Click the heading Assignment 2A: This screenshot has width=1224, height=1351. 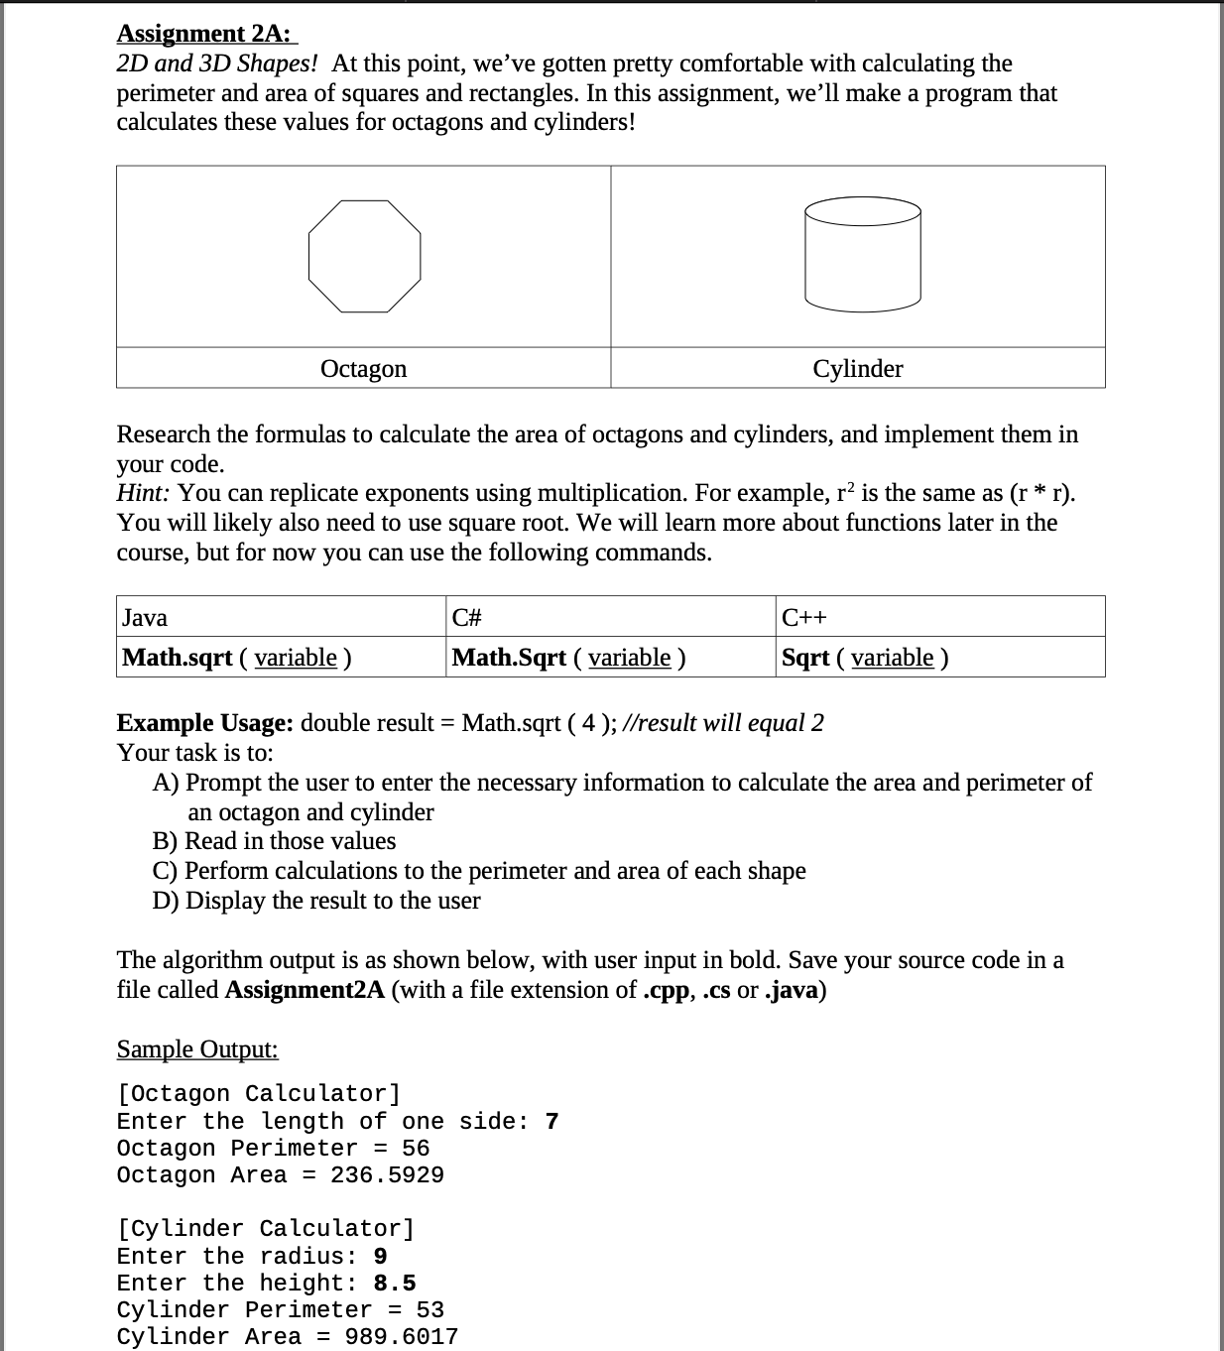click(x=204, y=34)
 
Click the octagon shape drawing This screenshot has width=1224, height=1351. click(x=364, y=257)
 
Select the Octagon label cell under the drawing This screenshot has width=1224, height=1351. click(x=363, y=368)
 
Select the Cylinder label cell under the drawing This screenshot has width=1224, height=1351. click(x=857, y=368)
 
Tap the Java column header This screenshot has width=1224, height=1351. click(x=145, y=617)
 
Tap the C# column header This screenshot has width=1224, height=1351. click(x=466, y=617)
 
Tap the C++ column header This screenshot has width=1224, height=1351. click(x=803, y=617)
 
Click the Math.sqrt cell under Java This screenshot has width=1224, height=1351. click(x=236, y=657)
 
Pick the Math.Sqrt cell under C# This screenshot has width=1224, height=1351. click(x=568, y=657)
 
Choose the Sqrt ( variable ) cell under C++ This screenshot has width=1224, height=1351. click(x=864, y=657)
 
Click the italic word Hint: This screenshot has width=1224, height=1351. click(x=144, y=493)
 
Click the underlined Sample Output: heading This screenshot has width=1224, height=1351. click(x=197, y=1048)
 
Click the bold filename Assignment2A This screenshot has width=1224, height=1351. click(x=305, y=990)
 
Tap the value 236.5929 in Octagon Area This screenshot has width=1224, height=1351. click(x=387, y=1175)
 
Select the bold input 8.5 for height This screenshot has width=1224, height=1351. click(x=395, y=1284)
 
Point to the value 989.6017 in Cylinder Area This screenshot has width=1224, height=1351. click(x=401, y=1337)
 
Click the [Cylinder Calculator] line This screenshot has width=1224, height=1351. click(x=266, y=1229)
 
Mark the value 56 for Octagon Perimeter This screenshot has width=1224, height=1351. click(x=416, y=1149)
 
